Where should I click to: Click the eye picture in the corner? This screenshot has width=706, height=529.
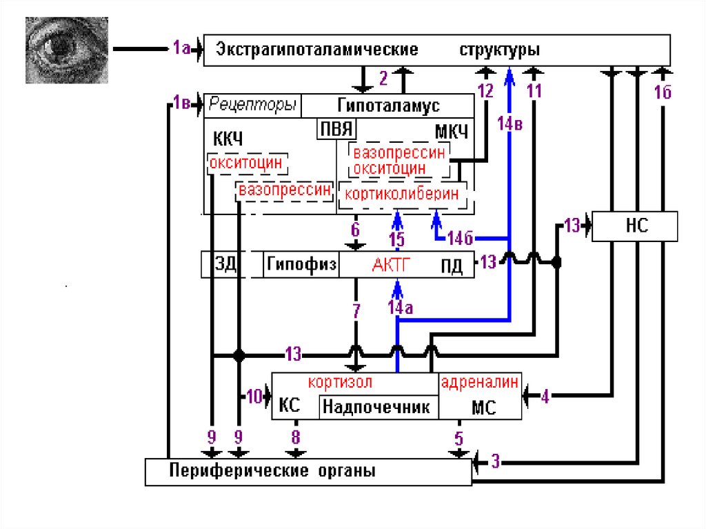pyautogui.click(x=66, y=50)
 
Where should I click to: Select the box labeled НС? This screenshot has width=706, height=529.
pyautogui.click(x=634, y=226)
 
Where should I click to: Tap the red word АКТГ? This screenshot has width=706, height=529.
pyautogui.click(x=392, y=265)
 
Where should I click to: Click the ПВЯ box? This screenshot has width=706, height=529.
pyautogui.click(x=335, y=129)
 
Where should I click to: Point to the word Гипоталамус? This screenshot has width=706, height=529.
pyautogui.click(x=389, y=106)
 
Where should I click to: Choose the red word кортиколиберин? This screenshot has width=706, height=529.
pyautogui.click(x=401, y=194)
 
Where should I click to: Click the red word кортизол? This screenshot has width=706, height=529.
pyautogui.click(x=341, y=382)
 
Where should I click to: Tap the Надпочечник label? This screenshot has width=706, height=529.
pyautogui.click(x=379, y=407)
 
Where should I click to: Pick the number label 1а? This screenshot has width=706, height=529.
pyautogui.click(x=181, y=48)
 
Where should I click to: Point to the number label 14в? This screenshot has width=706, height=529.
pyautogui.click(x=510, y=123)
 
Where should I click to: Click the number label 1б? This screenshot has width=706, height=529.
pyautogui.click(x=663, y=94)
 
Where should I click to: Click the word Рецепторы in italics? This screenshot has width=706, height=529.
pyautogui.click(x=252, y=106)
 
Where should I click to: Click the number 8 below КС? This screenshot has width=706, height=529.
pyautogui.click(x=296, y=437)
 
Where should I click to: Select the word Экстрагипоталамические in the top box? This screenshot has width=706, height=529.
pyautogui.click(x=317, y=50)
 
